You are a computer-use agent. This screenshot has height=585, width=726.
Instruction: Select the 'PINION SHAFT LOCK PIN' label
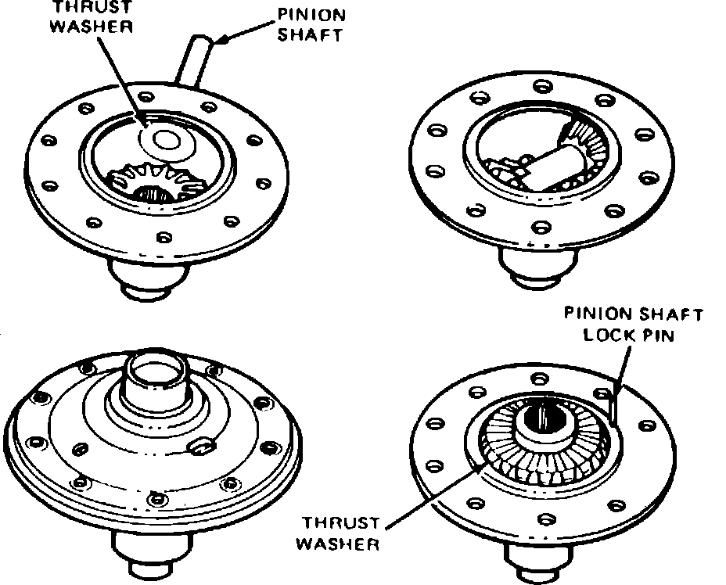pos(634,325)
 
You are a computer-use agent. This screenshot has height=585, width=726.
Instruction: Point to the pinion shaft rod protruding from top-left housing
pos(196,59)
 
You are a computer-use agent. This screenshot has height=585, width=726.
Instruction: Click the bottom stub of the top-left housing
pos(149,279)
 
